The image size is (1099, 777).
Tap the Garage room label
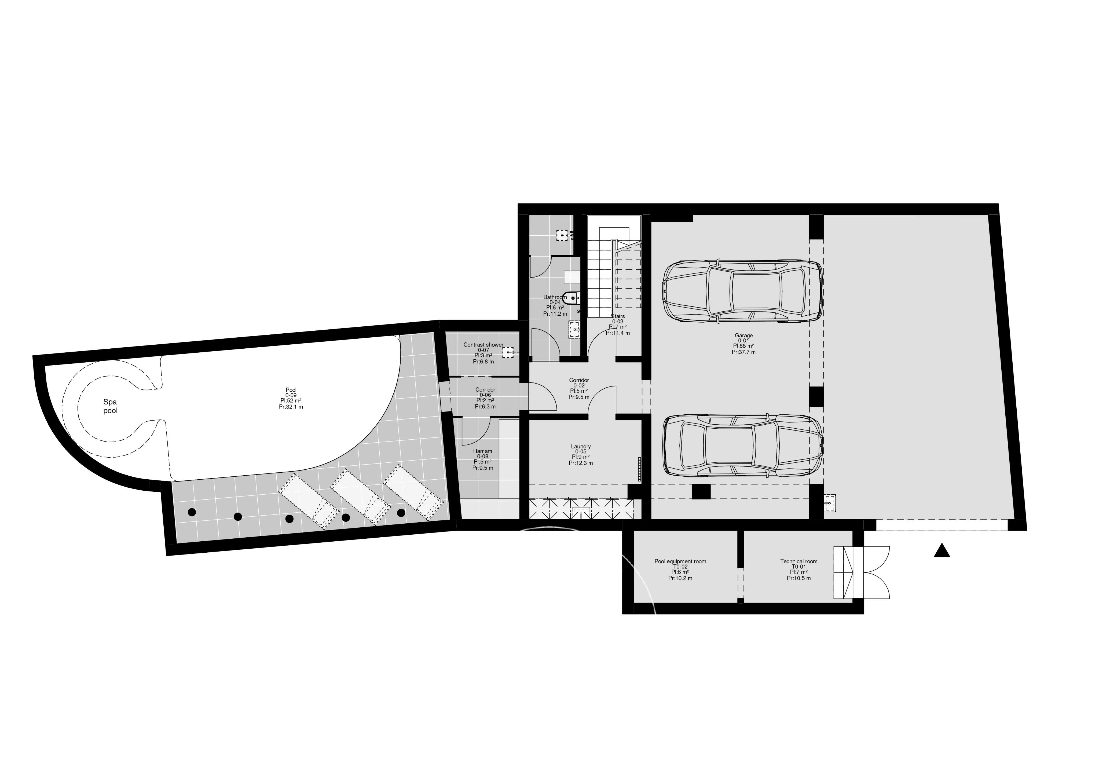pyautogui.click(x=743, y=335)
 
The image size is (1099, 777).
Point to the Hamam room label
pyautogui.click(x=482, y=451)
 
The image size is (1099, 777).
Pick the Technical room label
pyautogui.click(x=798, y=561)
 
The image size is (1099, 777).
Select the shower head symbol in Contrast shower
pyautogui.click(x=508, y=352)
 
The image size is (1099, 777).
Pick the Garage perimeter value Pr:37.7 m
pyautogui.click(x=743, y=352)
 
